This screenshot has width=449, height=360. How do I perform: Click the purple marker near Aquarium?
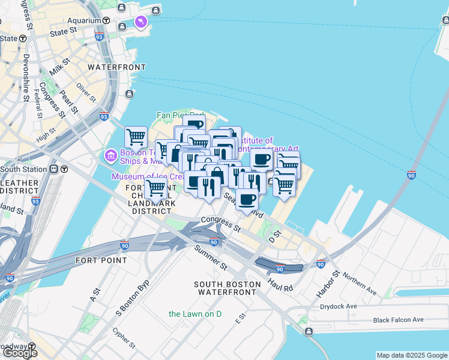tap(140, 22)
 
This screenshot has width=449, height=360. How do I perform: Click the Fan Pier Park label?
tap(181, 115)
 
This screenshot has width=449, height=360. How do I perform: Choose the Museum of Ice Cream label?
tap(146, 176)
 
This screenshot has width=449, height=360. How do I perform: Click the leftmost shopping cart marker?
tap(136, 137)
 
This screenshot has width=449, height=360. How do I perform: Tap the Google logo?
tap(20, 352)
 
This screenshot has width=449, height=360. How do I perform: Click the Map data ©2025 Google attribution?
tap(411, 355)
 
